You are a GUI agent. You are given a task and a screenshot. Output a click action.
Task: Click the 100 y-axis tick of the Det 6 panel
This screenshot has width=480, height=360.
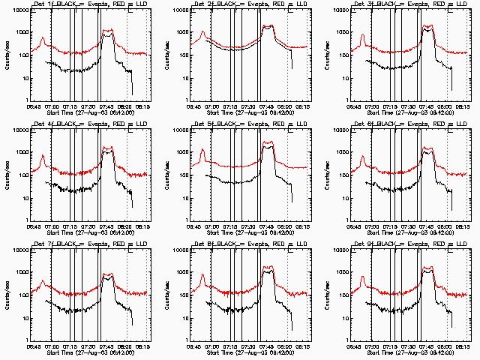[x=341, y=175]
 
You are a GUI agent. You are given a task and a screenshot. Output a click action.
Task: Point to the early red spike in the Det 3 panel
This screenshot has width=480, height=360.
[x=362, y=35]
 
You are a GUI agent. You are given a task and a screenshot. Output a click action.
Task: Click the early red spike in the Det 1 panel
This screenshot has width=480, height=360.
[x=43, y=37]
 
